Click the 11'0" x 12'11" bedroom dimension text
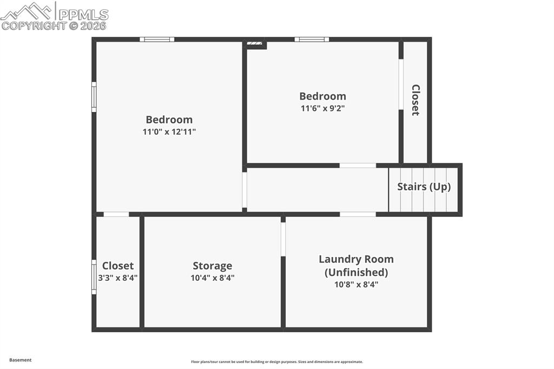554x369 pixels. point(169,132)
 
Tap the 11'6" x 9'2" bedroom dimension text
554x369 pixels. point(322,108)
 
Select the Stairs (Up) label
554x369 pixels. point(424,187)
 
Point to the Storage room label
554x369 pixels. point(212,266)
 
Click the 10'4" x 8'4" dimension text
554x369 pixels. point(212,278)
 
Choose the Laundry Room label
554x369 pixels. point(356,259)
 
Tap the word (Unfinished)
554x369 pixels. point(356,272)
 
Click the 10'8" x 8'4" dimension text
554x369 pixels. point(356,285)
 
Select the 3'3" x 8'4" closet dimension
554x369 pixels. point(117,278)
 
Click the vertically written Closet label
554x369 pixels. point(415,100)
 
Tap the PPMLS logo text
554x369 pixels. point(83,15)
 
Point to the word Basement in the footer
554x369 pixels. point(21,360)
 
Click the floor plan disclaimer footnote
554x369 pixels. point(277,362)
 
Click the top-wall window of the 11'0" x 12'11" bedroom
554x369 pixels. point(157,39)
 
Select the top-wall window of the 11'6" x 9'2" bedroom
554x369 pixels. point(312,39)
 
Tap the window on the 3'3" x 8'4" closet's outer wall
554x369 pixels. point(94,277)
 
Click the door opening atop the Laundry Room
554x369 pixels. point(358,214)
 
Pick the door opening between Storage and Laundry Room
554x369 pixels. point(283,239)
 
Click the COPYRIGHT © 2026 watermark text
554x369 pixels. point(54,26)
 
